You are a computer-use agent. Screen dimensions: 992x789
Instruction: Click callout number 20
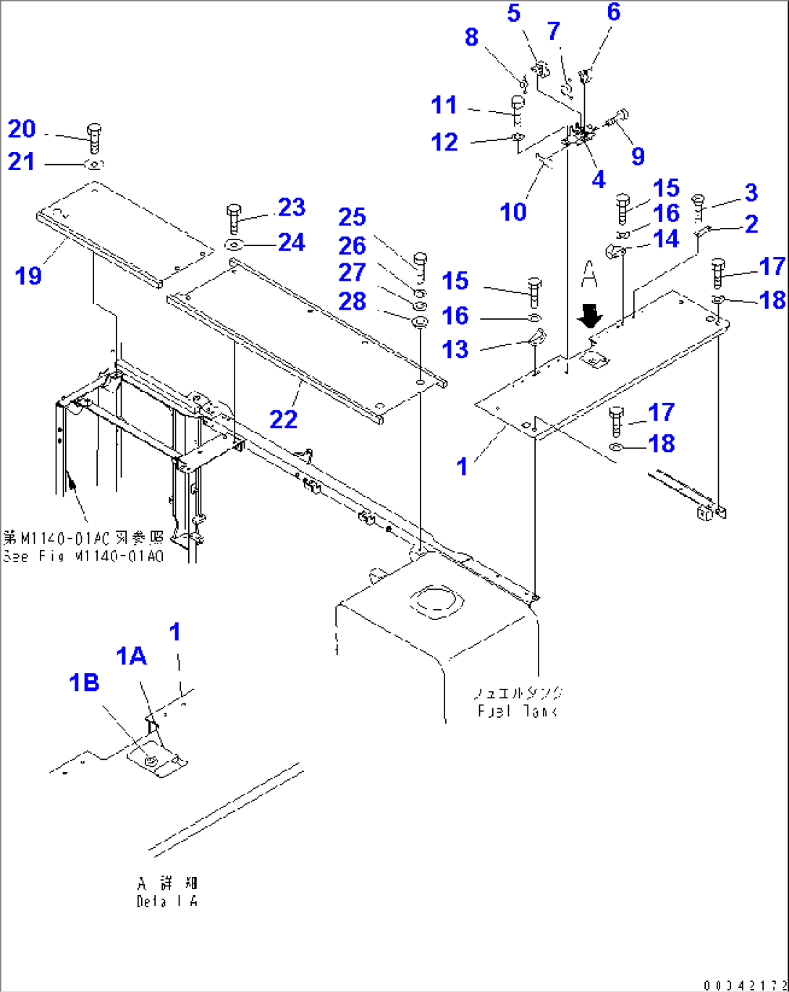22,130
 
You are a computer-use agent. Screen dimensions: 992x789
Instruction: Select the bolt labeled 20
94,137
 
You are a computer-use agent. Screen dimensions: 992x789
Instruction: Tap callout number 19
28,276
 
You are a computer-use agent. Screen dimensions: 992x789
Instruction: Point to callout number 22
283,420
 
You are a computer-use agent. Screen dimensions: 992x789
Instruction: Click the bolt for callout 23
233,217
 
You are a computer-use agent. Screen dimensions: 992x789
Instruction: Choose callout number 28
353,301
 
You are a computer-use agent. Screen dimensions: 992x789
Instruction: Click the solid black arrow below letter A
591,315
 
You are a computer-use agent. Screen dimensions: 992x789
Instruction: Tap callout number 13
455,350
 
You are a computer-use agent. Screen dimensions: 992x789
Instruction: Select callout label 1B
84,682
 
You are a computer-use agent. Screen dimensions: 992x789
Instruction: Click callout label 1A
131,656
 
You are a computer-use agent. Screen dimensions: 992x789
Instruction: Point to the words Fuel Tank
517,711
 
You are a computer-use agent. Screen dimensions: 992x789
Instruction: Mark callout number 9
638,156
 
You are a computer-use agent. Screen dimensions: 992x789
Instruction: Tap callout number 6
614,12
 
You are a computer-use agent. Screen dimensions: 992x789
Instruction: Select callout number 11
444,105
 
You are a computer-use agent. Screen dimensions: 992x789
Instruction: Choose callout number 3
751,192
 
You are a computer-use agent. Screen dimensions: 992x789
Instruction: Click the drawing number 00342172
744,984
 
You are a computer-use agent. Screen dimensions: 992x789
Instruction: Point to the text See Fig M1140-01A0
83,556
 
